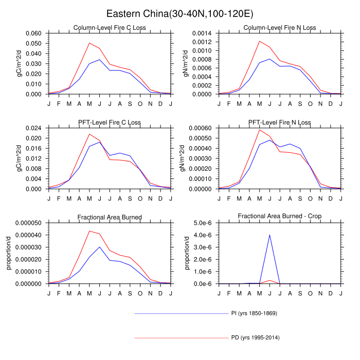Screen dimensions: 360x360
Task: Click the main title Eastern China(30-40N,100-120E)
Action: click(179, 13)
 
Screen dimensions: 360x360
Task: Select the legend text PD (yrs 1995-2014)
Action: click(256, 338)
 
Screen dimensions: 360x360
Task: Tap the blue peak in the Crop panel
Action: click(269, 235)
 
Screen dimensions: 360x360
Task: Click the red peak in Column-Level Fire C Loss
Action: click(89, 43)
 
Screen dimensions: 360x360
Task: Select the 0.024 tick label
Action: click(37, 128)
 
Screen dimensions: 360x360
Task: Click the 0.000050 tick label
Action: click(30, 222)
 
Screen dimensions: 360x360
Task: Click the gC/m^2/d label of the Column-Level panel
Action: click(9, 64)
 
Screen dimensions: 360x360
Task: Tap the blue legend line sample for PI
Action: click(180, 313)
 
